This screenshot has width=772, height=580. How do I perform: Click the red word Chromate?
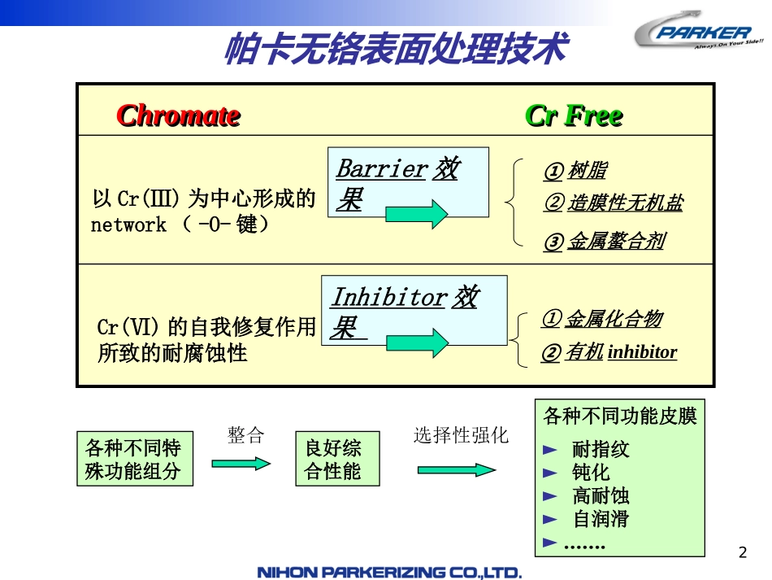[178, 116]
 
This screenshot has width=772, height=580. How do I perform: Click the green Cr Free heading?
[574, 116]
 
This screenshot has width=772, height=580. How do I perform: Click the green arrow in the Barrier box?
[416, 213]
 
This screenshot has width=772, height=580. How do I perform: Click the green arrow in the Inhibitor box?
[417, 342]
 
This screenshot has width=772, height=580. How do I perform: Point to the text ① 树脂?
[575, 171]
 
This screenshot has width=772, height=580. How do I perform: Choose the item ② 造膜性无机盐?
[614, 203]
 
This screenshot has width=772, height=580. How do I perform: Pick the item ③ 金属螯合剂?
[604, 242]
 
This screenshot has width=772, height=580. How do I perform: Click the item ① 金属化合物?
[601, 319]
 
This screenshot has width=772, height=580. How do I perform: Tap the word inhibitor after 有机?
[642, 352]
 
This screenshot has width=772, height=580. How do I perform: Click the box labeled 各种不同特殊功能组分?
[134, 460]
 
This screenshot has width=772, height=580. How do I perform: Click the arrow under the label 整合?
[241, 462]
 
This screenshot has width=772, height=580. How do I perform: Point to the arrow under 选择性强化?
[457, 469]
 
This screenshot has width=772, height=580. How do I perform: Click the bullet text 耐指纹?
[601, 449]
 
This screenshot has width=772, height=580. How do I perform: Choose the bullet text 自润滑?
[601, 518]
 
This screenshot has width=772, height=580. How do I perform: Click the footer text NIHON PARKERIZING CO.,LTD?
[389, 573]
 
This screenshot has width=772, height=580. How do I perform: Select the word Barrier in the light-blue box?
[381, 168]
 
